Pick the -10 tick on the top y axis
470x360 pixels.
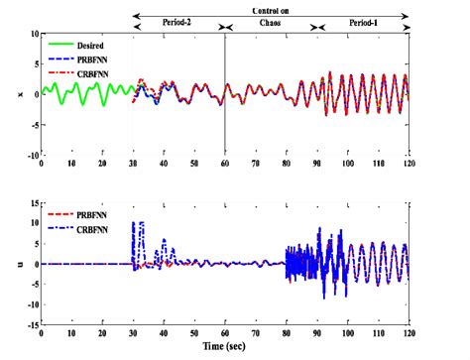[x=30, y=156]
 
